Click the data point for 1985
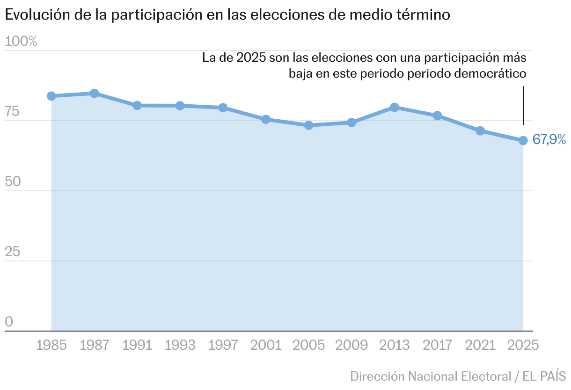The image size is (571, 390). click(x=51, y=96)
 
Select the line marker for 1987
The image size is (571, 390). click(x=94, y=93)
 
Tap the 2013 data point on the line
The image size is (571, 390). click(x=395, y=107)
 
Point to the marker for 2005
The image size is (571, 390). click(x=308, y=125)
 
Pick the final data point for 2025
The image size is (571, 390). click(x=523, y=140)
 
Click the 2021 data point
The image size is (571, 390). click(x=480, y=130)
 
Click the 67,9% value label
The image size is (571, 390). click(x=549, y=139)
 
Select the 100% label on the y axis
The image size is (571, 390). click(x=21, y=42)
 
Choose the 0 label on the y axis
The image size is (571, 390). click(x=9, y=322)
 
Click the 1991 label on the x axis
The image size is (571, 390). click(x=137, y=346)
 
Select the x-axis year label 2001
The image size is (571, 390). click(x=266, y=346)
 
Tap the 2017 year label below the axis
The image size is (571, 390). click(x=438, y=346)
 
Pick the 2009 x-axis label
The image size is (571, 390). click(x=351, y=346)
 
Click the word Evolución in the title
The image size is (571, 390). click(x=37, y=14)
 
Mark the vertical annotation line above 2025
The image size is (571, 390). click(x=523, y=105)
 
